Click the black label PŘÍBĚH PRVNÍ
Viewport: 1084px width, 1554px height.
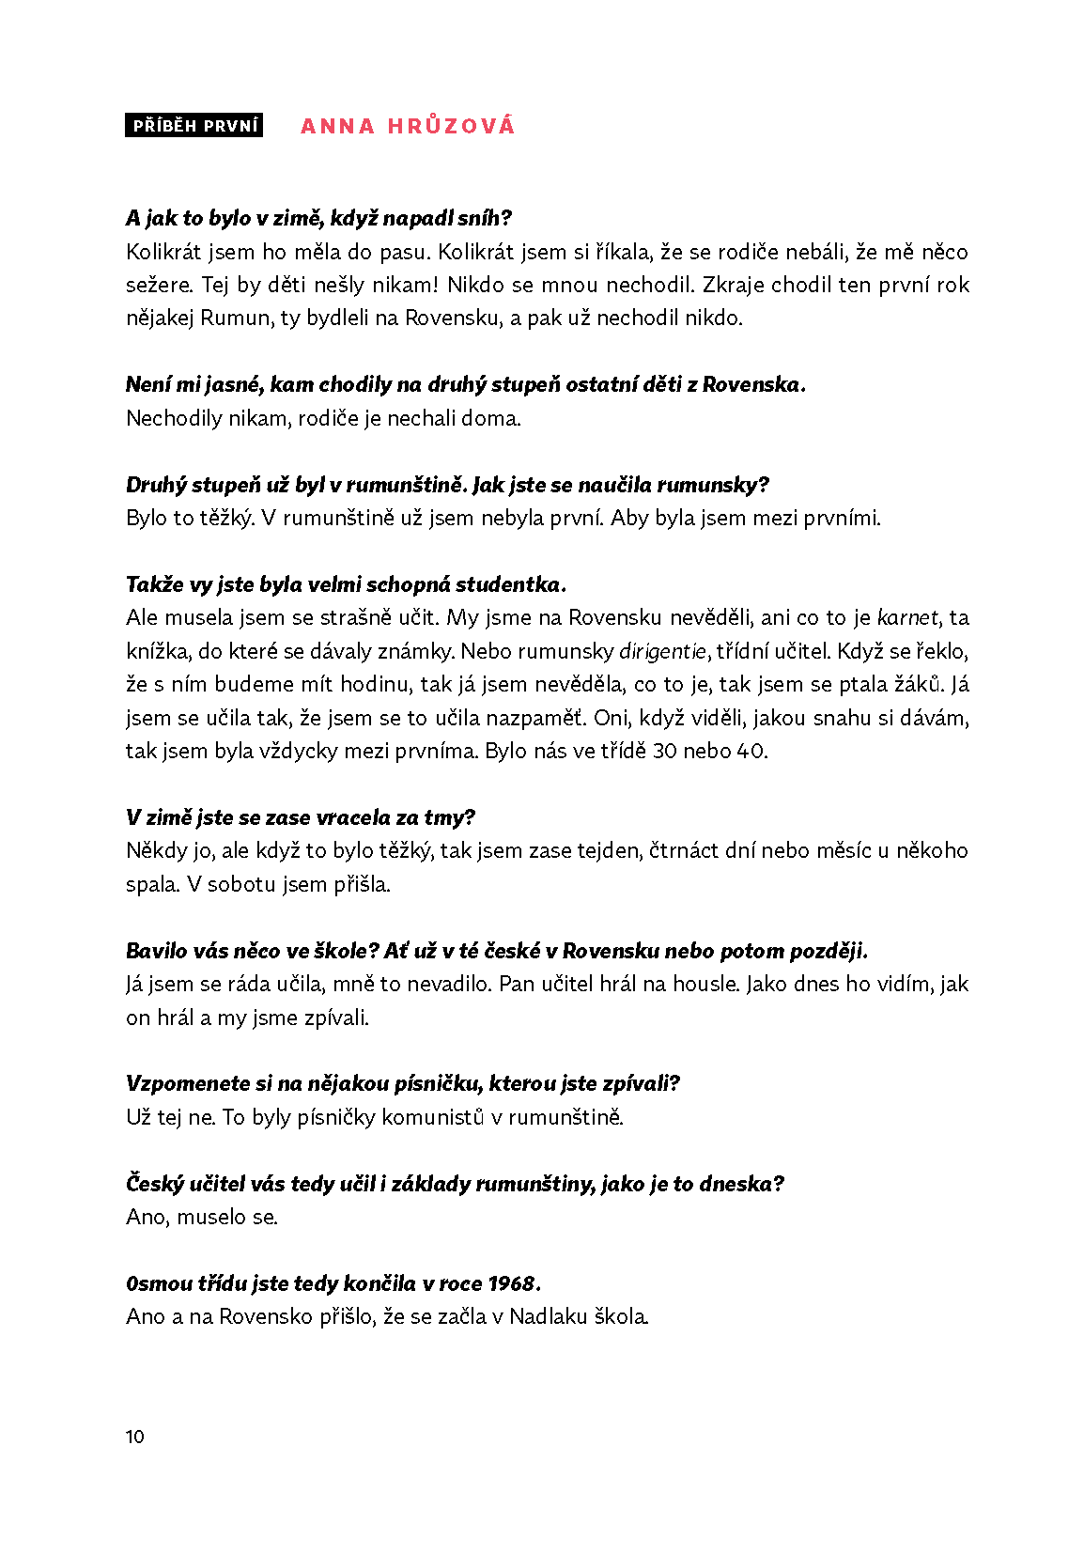[x=194, y=126]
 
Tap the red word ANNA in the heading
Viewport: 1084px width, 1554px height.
[x=337, y=126]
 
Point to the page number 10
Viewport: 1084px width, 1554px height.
[x=134, y=1437]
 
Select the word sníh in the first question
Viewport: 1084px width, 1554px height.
[x=484, y=219]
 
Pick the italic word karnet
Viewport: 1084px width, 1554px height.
[x=907, y=618]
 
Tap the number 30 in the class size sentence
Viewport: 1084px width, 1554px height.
[x=664, y=752]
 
